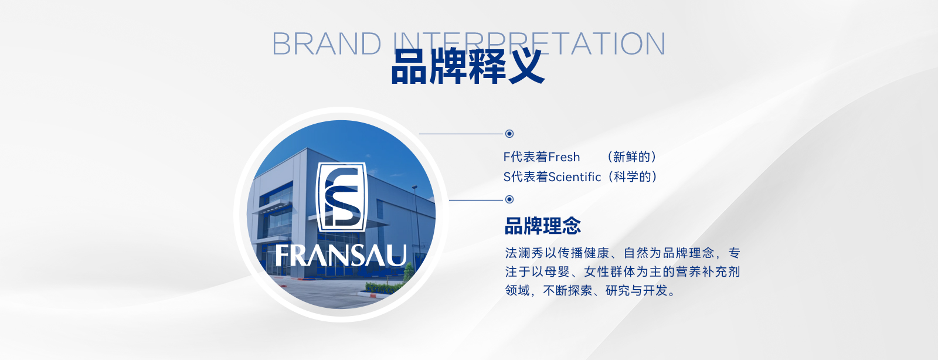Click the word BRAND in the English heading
[327, 43]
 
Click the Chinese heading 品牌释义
[468, 67]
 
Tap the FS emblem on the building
[341, 197]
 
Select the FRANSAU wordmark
[341, 256]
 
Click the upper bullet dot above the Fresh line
[509, 134]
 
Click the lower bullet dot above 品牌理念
[509, 199]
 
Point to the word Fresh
[564, 157]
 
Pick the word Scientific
[575, 177]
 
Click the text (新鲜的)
[631, 157]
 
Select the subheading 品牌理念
[543, 226]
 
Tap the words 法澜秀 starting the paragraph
[524, 253]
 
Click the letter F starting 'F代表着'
[507, 157]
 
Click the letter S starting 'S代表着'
[507, 177]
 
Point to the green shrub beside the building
[385, 287]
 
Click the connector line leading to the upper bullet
[461, 134]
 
